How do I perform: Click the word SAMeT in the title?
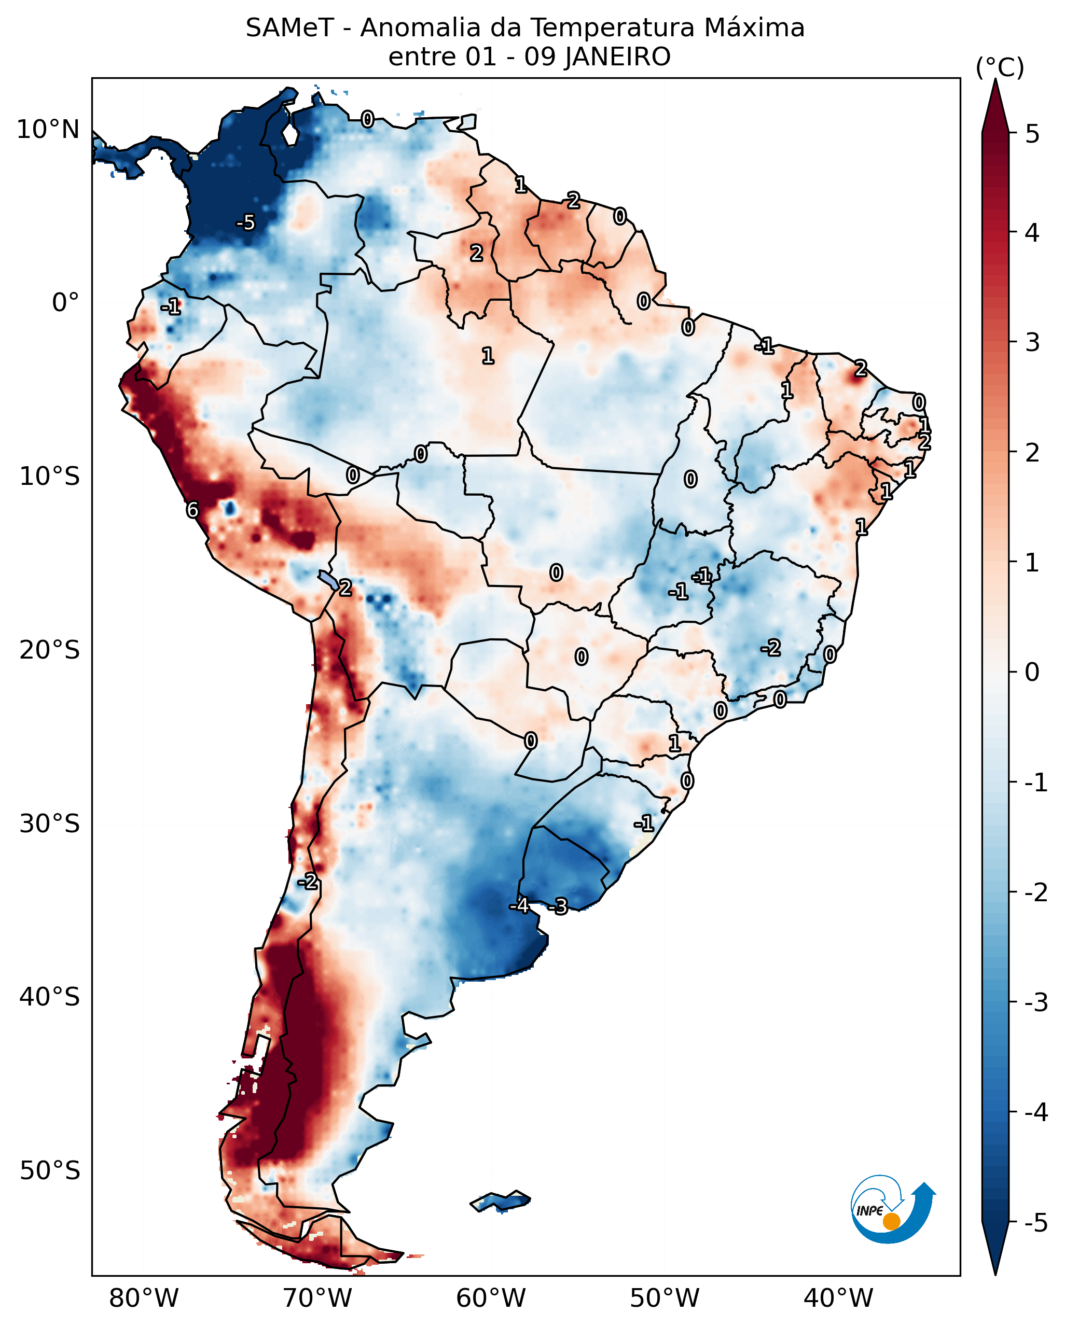[289, 29]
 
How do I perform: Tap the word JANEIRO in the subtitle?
[617, 57]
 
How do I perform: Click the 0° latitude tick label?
[65, 303]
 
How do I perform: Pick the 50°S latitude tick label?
[49, 1171]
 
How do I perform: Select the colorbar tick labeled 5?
[1032, 134]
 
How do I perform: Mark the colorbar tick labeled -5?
[1035, 1223]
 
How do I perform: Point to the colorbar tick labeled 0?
[1032, 672]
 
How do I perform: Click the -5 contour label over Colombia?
[245, 222]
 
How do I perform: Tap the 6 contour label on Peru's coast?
[192, 510]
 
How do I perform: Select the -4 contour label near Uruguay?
[519, 905]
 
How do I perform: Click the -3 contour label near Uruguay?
[558, 906]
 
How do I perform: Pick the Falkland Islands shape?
[500, 1202]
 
